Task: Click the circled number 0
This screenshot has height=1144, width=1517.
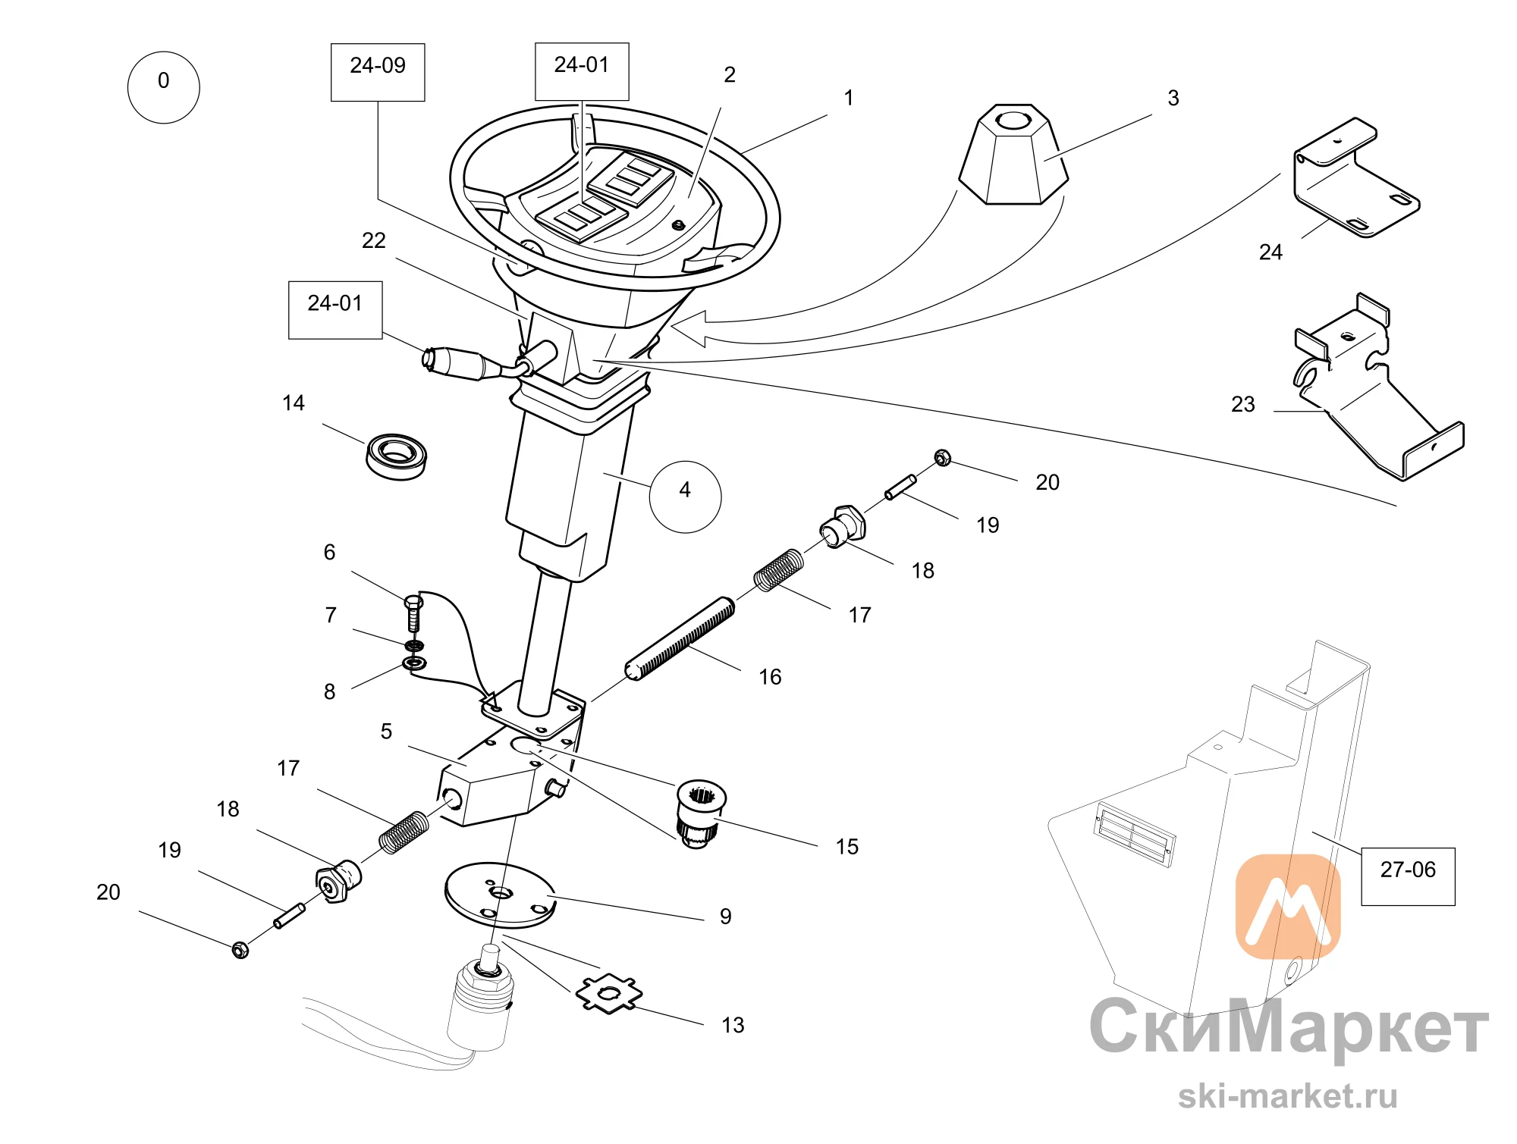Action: point(163,87)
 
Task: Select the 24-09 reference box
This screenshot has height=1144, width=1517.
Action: point(378,72)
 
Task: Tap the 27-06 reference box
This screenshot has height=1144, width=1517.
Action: point(1408,876)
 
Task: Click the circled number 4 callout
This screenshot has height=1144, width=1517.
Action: point(685,497)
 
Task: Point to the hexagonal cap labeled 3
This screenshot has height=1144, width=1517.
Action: point(1013,155)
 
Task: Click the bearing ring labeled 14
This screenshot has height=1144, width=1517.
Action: point(396,456)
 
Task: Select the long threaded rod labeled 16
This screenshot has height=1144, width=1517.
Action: point(680,638)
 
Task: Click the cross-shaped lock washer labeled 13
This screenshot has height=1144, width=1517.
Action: point(609,993)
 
